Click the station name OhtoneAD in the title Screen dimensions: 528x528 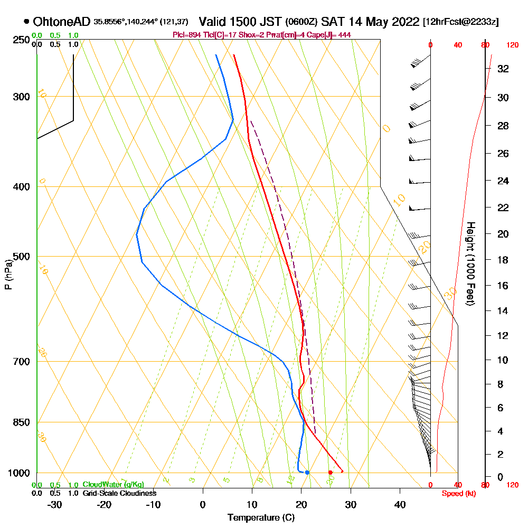(62, 22)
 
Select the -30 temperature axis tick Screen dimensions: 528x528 (55, 504)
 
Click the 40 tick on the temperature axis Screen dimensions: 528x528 (400, 504)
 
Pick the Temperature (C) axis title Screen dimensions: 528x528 (261, 517)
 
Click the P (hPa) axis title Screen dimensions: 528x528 (8, 274)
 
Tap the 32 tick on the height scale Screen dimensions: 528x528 (503, 68)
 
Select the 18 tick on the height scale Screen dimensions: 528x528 (503, 260)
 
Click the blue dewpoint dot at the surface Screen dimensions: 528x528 (307, 472)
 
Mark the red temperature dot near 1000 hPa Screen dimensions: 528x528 (330, 472)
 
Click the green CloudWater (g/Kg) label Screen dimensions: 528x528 (113, 485)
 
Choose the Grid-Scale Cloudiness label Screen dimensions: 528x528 (119, 493)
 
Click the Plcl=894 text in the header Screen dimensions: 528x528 (185, 35)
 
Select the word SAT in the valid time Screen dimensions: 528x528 (333, 22)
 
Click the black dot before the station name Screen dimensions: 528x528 (26, 22)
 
